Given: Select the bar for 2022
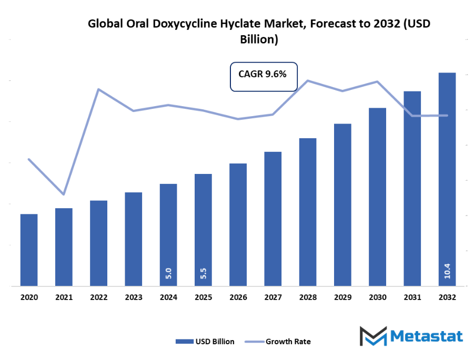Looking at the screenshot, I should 98,243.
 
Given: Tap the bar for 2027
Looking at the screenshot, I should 273,219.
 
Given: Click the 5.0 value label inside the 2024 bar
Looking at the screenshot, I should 168,273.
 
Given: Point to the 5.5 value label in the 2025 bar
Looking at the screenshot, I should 203,273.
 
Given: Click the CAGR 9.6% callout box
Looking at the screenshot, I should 264,76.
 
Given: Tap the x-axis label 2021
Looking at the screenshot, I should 64,297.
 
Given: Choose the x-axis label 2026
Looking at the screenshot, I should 238,297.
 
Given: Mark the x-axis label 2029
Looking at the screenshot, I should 342,297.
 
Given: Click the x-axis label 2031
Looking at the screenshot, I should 412,297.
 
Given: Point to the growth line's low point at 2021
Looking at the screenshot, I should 64,194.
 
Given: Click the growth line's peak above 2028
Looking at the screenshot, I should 308,80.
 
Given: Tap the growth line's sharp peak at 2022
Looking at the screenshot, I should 98,89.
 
